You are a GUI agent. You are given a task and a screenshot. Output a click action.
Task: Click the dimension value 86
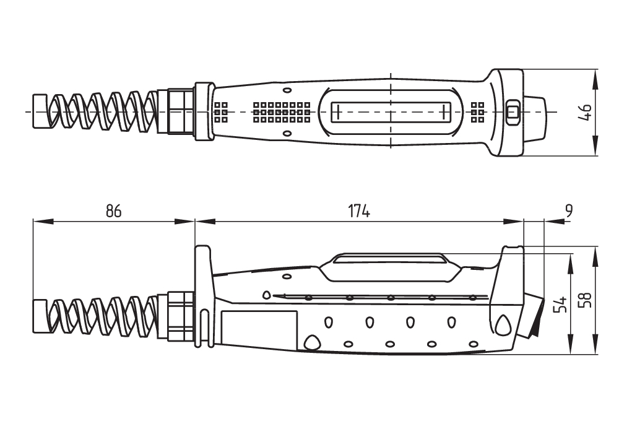113,211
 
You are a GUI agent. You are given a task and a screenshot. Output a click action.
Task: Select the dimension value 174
358,211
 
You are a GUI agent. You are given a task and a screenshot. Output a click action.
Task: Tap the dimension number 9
569,211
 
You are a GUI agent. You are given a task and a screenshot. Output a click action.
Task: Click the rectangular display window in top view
390,112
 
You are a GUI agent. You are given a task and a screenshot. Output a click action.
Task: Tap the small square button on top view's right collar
512,112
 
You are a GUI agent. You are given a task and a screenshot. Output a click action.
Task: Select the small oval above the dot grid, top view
287,90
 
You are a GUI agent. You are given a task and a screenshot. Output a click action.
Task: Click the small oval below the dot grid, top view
287,134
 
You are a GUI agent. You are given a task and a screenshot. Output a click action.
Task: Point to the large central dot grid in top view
282,112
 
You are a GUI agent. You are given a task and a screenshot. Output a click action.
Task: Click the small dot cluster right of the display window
477,111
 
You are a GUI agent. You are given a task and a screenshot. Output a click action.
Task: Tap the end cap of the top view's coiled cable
40,112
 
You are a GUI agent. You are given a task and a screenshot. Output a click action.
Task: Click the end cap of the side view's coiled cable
40,316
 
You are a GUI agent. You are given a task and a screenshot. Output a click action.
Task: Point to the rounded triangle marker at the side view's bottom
311,342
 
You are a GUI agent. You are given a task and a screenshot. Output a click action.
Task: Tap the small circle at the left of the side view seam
267,295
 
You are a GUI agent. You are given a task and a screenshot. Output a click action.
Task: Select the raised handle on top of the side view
389,259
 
